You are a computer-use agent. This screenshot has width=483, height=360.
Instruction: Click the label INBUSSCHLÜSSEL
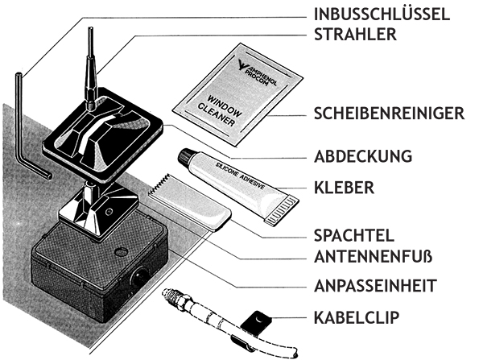pos(391,14)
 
